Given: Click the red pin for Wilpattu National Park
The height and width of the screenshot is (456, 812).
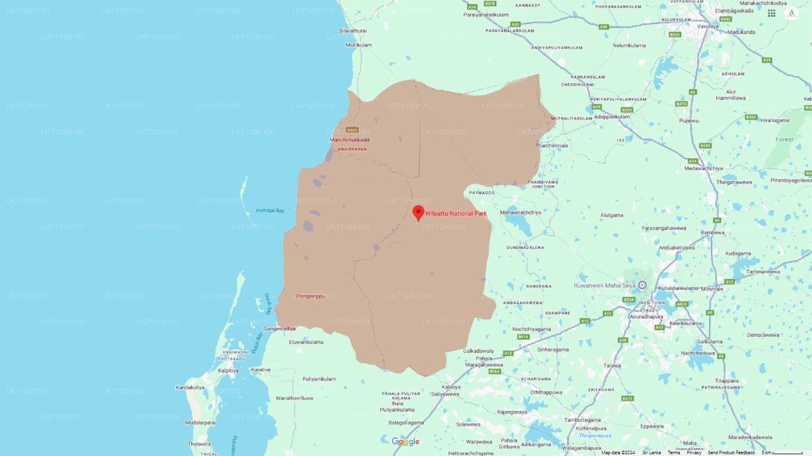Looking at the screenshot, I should (418, 212).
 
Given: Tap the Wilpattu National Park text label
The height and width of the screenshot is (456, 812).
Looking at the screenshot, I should (455, 213).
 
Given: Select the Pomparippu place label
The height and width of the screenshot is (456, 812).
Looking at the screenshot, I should (310, 296).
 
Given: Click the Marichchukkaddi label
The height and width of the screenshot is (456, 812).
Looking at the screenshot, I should (350, 139).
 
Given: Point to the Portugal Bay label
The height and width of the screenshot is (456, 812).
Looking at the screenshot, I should (270, 210).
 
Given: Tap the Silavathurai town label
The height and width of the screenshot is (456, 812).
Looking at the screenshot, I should (353, 30).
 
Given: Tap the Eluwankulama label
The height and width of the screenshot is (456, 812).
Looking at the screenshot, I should (306, 342).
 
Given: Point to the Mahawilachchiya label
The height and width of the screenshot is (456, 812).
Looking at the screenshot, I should (521, 212).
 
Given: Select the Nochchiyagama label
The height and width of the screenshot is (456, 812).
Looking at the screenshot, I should (532, 329).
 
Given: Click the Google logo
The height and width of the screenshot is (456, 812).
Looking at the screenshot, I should (405, 441).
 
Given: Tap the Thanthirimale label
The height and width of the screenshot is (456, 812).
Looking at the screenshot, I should (551, 146).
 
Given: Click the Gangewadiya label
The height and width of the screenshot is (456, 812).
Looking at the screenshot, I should (280, 329).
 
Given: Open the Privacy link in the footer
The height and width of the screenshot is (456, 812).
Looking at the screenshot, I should (694, 452).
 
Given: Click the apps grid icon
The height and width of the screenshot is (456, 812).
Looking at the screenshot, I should (771, 13).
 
